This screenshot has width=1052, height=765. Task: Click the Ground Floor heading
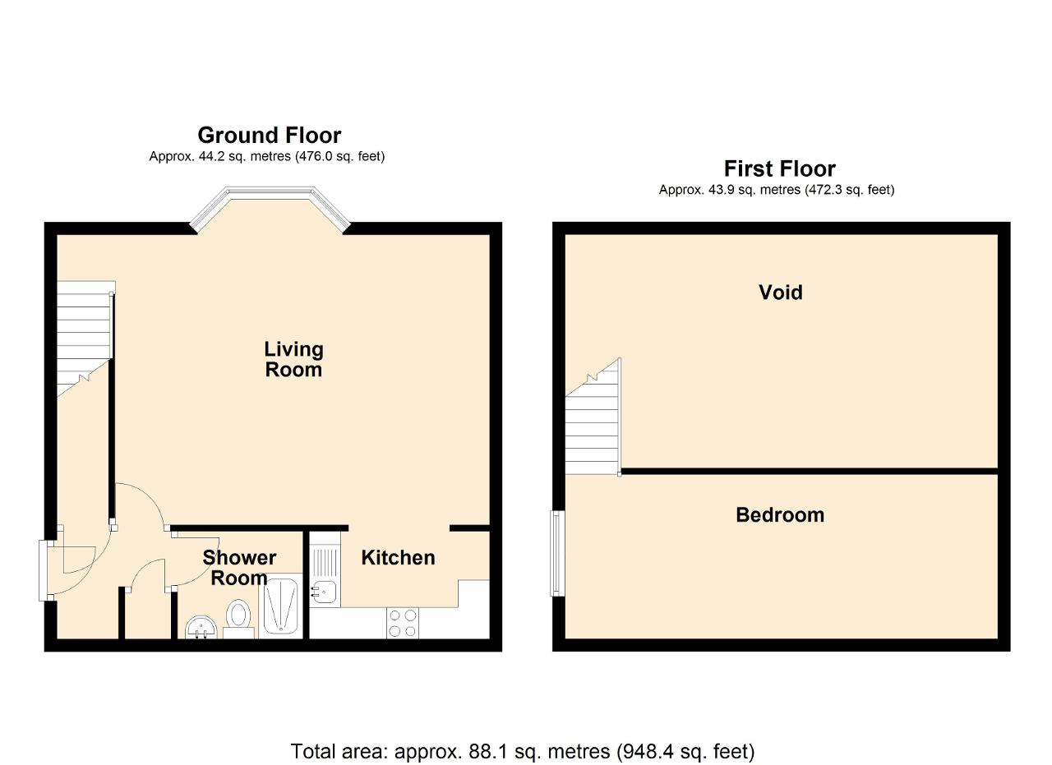[269, 136]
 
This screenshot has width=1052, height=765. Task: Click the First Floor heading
[780, 168]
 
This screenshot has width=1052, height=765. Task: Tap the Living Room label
[293, 359]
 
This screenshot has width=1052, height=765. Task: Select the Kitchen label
[398, 558]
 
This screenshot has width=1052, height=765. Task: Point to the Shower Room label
[239, 568]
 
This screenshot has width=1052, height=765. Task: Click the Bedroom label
[780, 515]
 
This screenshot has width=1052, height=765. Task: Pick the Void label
[781, 293]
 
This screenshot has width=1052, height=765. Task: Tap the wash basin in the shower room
[201, 628]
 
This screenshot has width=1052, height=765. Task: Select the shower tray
[281, 606]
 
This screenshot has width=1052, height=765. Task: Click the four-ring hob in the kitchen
[403, 623]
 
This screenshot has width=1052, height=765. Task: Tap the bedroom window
[557, 553]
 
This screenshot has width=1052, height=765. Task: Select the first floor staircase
[593, 417]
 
